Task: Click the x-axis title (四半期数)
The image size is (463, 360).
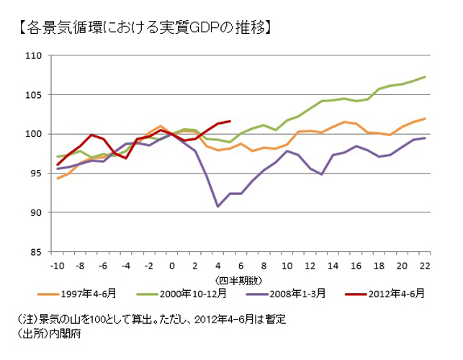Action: click(241, 279)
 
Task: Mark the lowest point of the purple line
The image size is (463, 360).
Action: click(218, 207)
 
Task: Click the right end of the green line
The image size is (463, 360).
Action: click(425, 77)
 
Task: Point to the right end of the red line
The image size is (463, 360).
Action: click(230, 121)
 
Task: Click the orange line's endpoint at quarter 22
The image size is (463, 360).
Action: click(425, 119)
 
